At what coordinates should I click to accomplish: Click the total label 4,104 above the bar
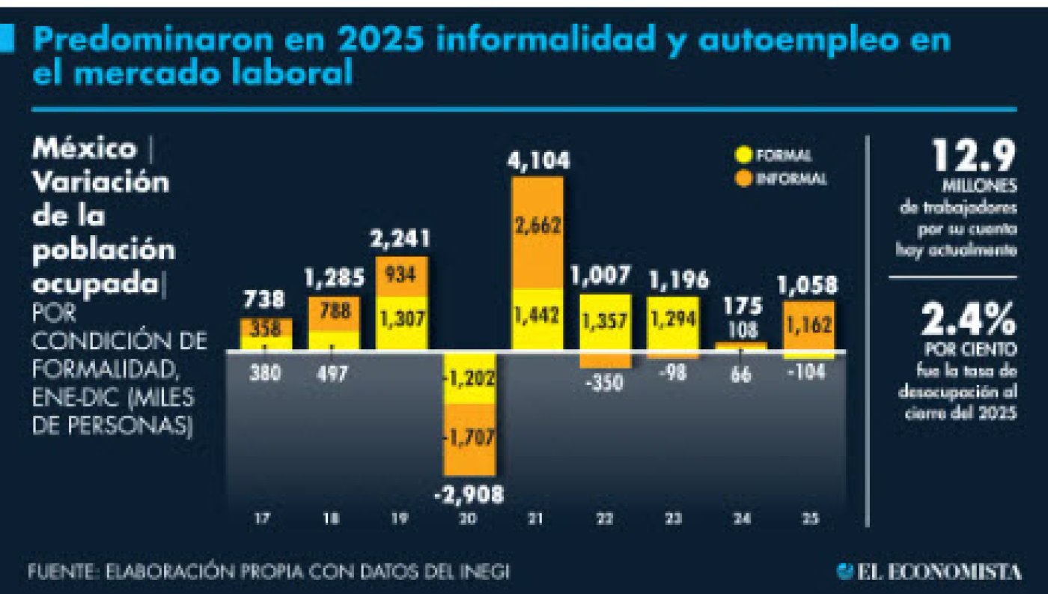[537, 161]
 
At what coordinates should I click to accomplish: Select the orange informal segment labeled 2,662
[537, 225]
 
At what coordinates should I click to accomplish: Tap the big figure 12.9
[972, 158]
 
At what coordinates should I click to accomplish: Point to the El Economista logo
[928, 572]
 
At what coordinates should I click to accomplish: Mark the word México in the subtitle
[84, 148]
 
